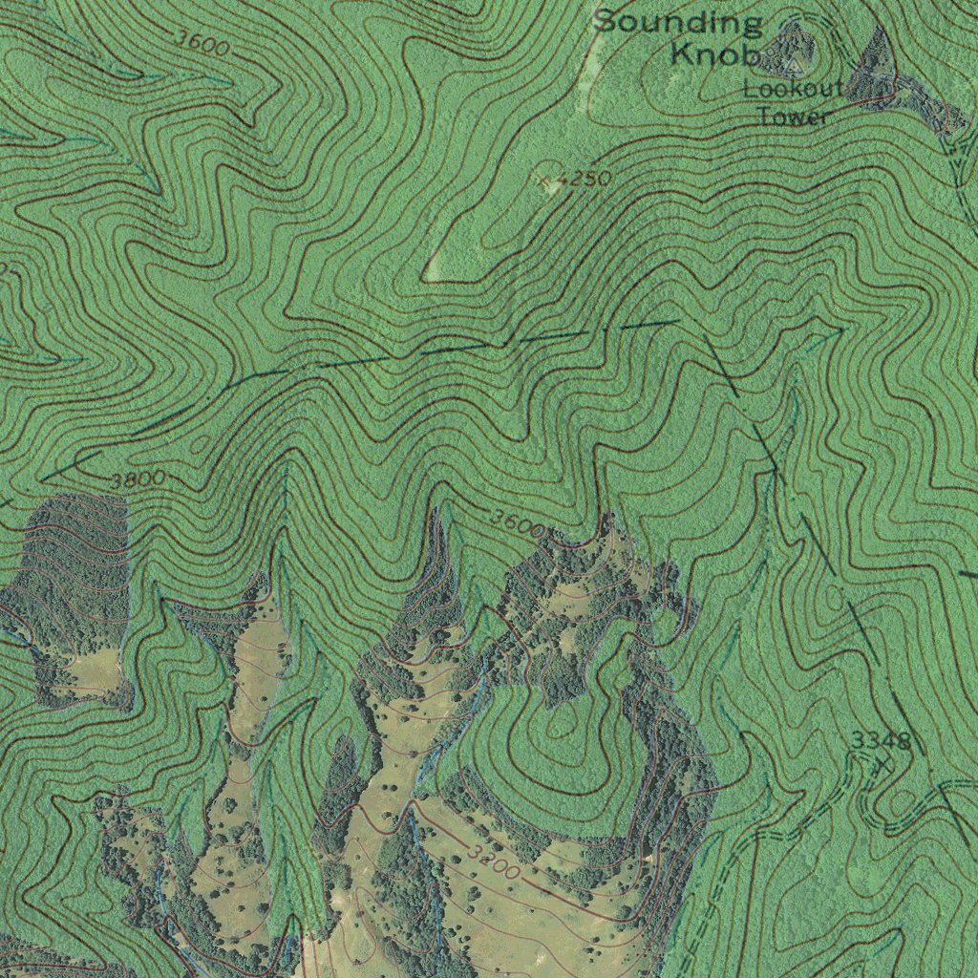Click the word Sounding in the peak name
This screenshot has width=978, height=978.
coord(678,23)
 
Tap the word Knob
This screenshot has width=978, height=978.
coord(713,54)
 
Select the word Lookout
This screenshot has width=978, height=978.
coord(794,90)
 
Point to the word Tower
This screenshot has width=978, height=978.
coord(792,117)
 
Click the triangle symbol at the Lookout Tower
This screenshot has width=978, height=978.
coord(793,64)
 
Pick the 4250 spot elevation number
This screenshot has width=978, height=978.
coord(583,179)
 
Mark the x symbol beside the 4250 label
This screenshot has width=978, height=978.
coord(547,180)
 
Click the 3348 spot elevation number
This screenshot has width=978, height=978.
coord(881,740)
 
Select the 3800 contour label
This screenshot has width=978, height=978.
coord(138,478)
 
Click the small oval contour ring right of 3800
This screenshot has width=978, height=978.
coord(200,445)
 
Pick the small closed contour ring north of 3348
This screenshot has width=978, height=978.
coord(837,598)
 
